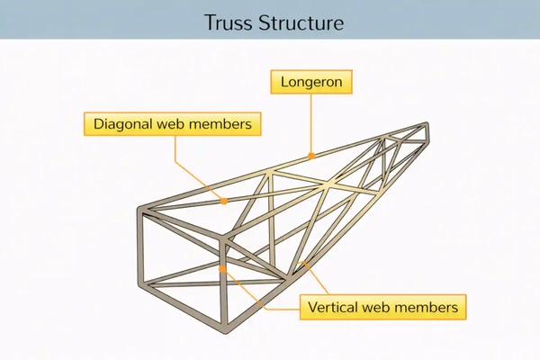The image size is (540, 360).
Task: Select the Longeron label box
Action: tap(310, 82)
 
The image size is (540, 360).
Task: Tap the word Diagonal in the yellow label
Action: tap(122, 124)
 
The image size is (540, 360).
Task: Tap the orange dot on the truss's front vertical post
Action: tap(222, 268)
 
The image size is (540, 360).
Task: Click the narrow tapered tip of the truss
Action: tap(430, 127)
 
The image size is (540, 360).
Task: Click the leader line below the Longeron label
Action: tap(311, 121)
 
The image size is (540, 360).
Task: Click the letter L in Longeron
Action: tap(284, 82)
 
